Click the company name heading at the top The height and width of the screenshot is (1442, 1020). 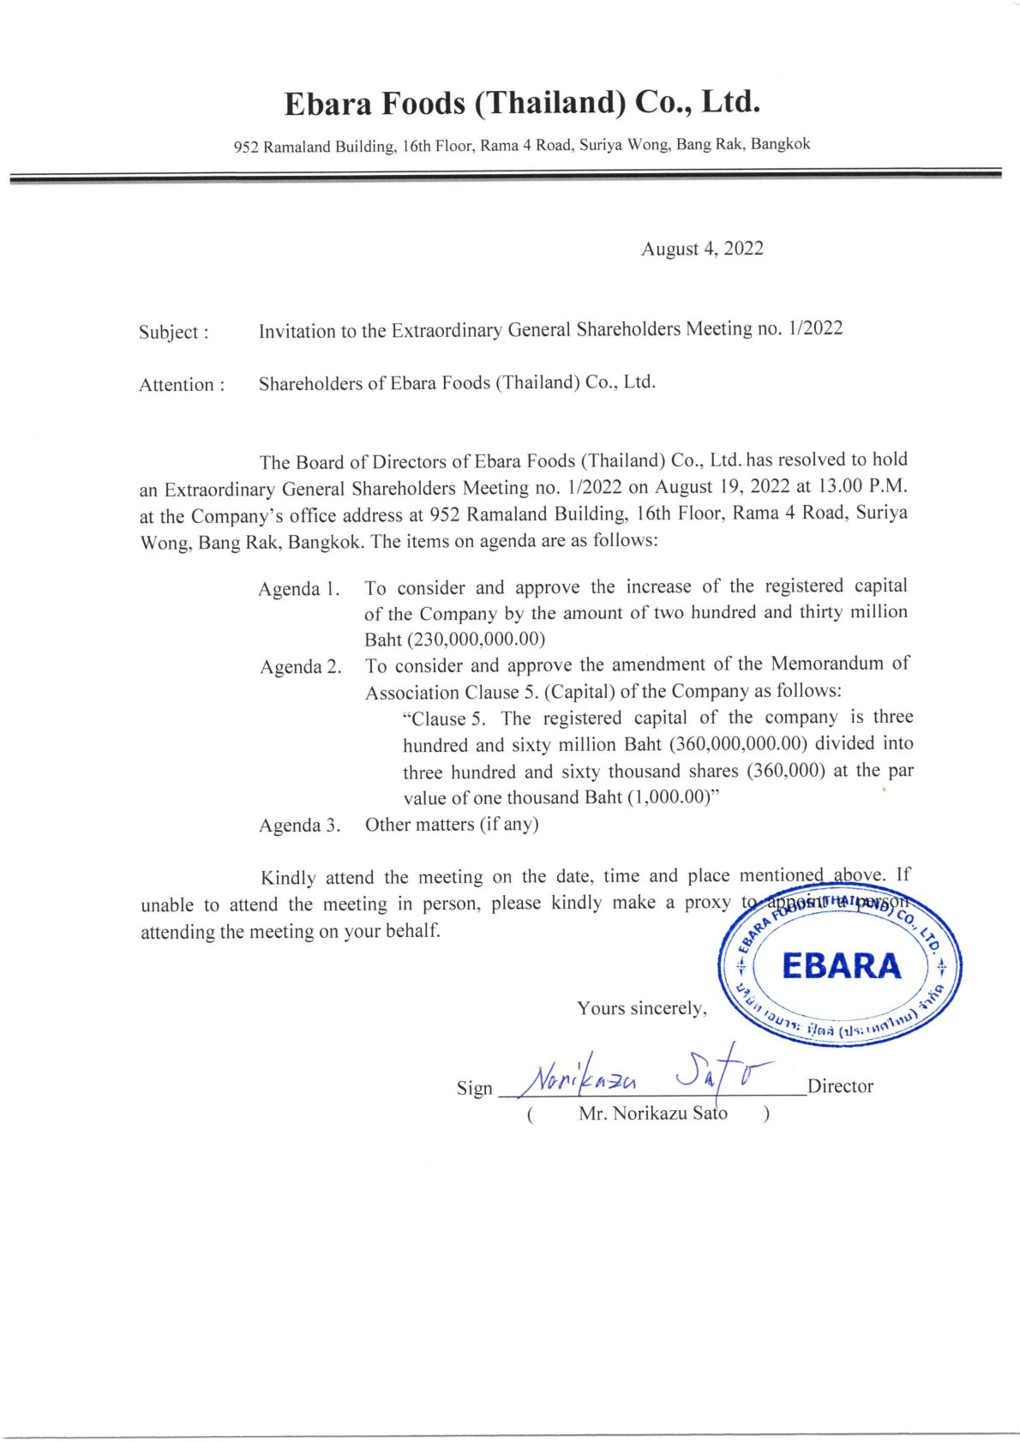pyautogui.click(x=522, y=103)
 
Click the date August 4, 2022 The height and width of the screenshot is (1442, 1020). pyautogui.click(x=702, y=249)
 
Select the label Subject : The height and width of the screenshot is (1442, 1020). pyautogui.click(x=173, y=332)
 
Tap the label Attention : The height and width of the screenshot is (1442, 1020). pyautogui.click(x=182, y=385)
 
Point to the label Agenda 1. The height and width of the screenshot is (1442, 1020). pyautogui.click(x=299, y=589)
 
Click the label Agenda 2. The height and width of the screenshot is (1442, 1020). pyautogui.click(x=300, y=667)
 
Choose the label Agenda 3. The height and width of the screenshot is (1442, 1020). pyautogui.click(x=300, y=826)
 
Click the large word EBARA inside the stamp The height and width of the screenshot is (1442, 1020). pyautogui.click(x=841, y=966)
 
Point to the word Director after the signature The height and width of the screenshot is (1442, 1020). pyautogui.click(x=840, y=1086)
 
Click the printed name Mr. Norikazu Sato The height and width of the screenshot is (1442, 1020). pyautogui.click(x=652, y=1114)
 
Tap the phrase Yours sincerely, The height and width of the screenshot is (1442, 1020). pyautogui.click(x=642, y=1008)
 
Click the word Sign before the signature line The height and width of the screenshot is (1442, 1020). pyautogui.click(x=474, y=1088)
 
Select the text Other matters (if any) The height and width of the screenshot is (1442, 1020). pyautogui.click(x=452, y=825)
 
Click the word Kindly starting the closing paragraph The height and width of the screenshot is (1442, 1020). pyautogui.click(x=288, y=878)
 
